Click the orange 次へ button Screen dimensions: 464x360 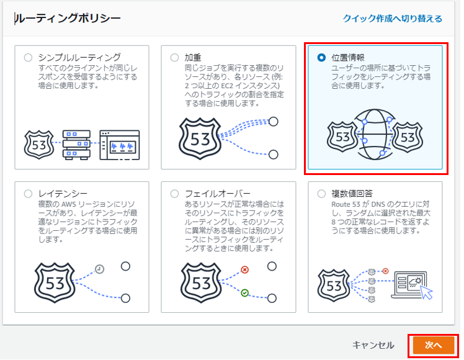[433, 345]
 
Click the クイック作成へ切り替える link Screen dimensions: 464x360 [393, 19]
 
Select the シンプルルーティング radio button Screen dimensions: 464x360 [28, 58]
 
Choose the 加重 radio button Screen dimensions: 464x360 [174, 58]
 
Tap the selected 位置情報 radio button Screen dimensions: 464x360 [321, 58]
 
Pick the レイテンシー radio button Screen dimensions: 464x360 [28, 194]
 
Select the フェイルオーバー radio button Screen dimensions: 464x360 [174, 194]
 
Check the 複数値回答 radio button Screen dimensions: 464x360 [321, 194]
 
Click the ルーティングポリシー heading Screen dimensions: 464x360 [68, 19]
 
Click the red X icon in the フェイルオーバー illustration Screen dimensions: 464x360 [244, 270]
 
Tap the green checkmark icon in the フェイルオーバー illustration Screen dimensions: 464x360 [244, 293]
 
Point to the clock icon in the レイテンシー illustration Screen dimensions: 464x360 [99, 269]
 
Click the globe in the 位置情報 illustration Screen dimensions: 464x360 [375, 135]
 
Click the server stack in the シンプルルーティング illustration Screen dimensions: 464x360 [77, 145]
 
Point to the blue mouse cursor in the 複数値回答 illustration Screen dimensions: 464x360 [426, 292]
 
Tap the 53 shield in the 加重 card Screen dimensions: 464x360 [200, 138]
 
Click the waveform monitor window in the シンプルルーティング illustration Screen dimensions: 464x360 [120, 145]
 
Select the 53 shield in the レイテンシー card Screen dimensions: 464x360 [55, 283]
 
